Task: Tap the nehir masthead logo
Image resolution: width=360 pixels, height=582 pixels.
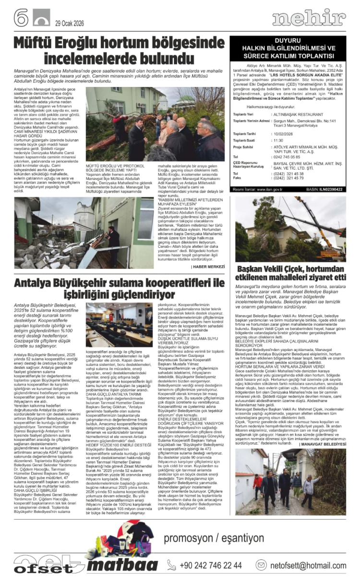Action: tap(309, 18)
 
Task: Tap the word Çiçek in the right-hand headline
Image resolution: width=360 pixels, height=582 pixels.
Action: tap(294, 267)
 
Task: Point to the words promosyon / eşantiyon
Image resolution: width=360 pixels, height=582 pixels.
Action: tap(214, 537)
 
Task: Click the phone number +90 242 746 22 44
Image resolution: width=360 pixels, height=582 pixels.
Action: tap(210, 565)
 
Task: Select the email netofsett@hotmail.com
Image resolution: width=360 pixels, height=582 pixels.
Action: tap(307, 565)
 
